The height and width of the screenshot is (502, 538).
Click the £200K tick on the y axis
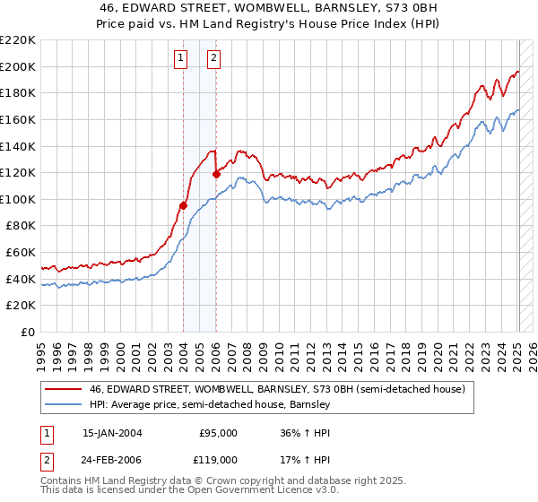point(18,66)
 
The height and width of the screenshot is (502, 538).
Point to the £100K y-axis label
point(18,199)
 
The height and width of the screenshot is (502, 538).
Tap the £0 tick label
point(27,333)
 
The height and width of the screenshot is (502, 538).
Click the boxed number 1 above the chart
point(181,59)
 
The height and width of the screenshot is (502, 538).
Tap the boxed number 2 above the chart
point(214,59)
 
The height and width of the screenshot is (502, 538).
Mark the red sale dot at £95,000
point(183,205)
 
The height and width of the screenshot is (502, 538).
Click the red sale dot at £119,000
point(216,174)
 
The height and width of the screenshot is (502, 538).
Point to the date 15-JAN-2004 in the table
point(112,432)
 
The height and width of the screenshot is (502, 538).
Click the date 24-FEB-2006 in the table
point(112,459)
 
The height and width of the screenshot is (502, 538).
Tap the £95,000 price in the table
point(218,432)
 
